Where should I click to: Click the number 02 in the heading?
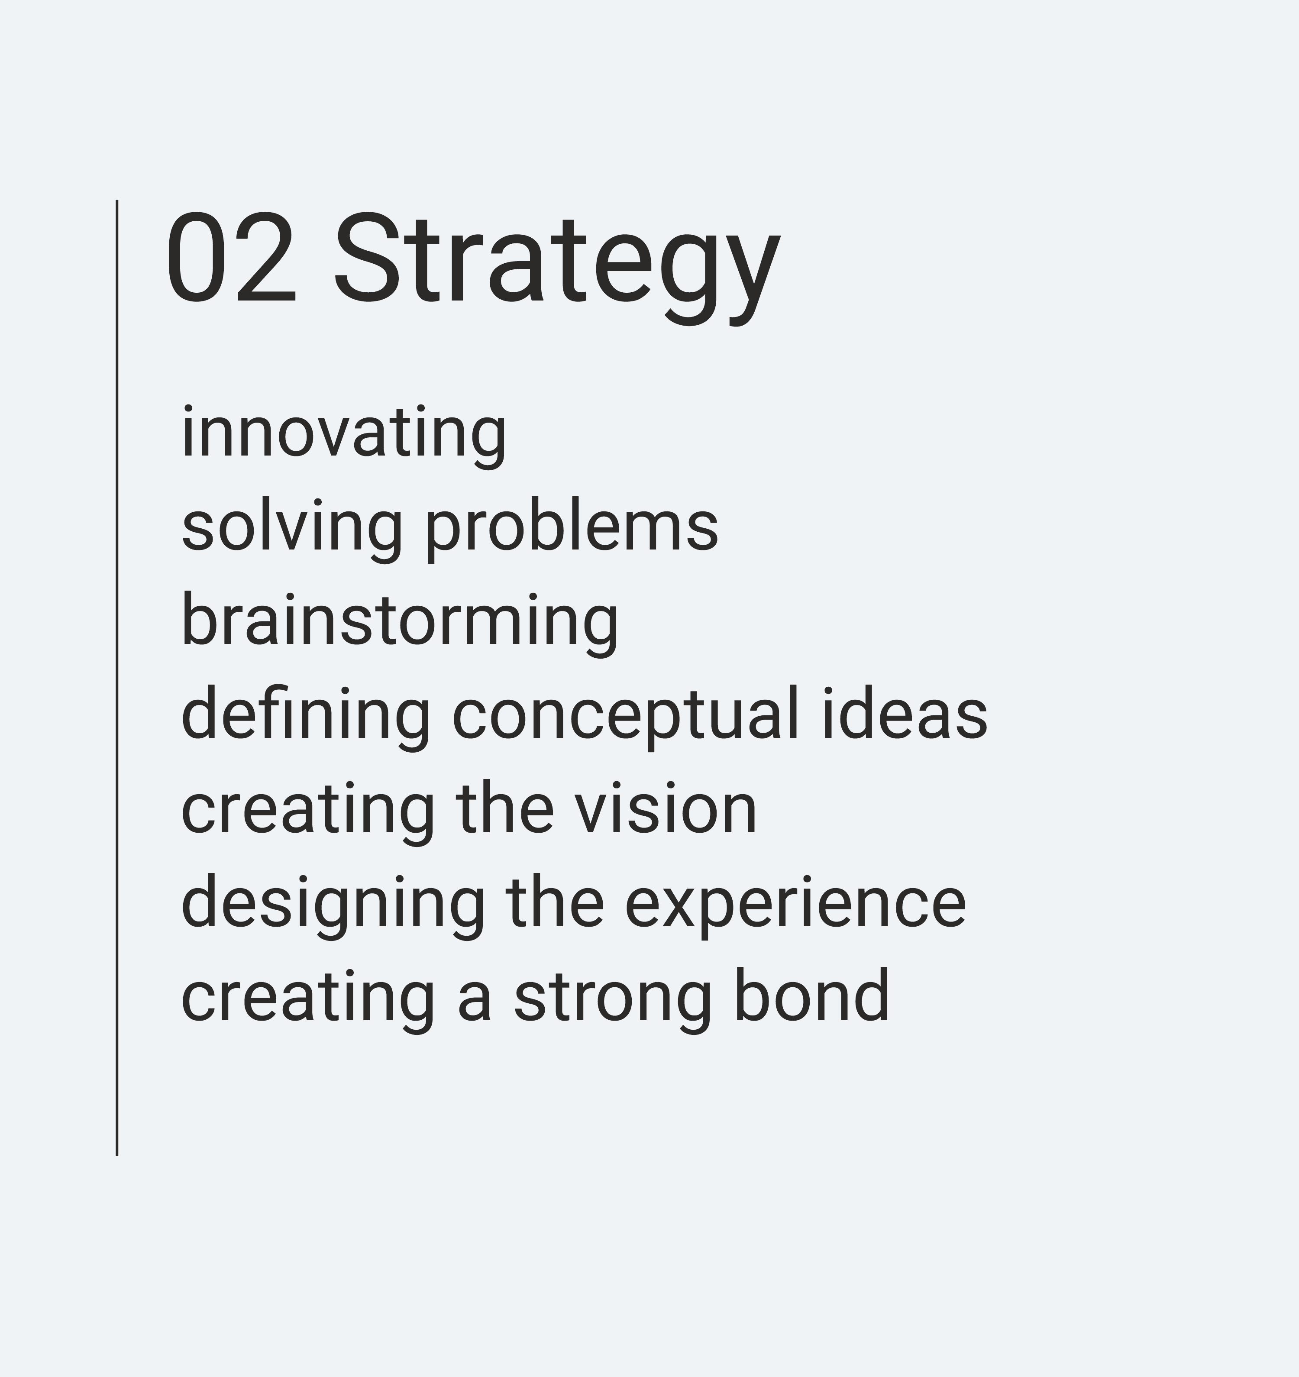click(231, 258)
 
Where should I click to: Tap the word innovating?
click(344, 436)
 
